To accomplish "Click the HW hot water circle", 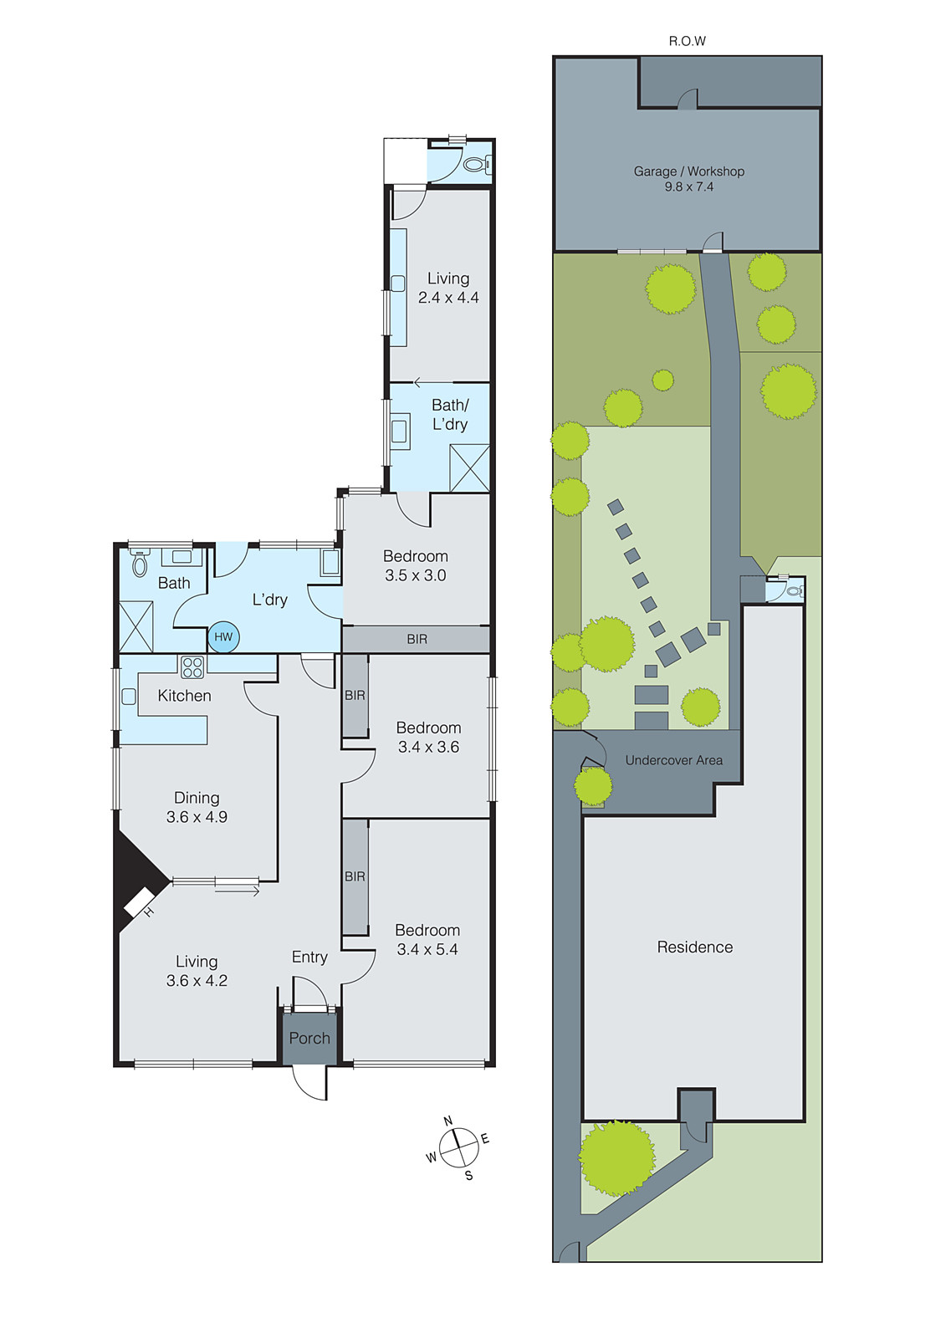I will (x=223, y=637).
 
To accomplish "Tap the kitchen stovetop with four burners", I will (x=192, y=667).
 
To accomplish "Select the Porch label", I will (x=309, y=1038).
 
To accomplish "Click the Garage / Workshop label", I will (x=688, y=171).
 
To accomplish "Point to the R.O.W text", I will (x=687, y=41).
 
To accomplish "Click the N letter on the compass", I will (x=447, y=1121).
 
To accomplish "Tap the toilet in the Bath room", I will (x=140, y=564).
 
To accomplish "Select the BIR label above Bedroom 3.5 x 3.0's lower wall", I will (x=417, y=639).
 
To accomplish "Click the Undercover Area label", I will (x=673, y=760).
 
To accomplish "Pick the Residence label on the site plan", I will (x=694, y=947).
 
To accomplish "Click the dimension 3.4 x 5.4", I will (x=427, y=949).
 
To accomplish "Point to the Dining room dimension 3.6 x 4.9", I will (x=197, y=817).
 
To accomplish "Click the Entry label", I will (x=309, y=957).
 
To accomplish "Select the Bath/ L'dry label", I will (x=450, y=415).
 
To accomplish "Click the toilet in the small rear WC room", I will (x=474, y=165).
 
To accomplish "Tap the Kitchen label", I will (x=184, y=696).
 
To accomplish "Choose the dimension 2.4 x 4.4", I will (x=448, y=298).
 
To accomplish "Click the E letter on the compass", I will (x=485, y=1139).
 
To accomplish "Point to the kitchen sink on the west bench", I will (x=129, y=696).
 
